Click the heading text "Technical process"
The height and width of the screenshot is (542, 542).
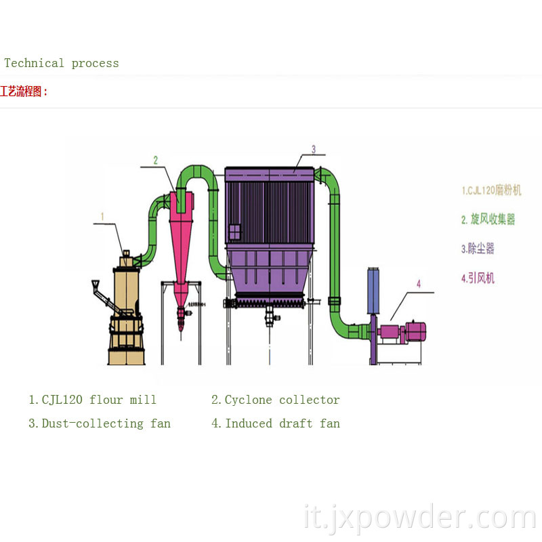point(62,63)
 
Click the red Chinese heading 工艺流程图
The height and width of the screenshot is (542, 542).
point(24,91)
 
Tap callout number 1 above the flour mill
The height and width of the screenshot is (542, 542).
point(102,217)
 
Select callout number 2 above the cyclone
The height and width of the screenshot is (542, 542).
point(155,161)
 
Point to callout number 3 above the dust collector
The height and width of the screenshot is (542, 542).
point(314,148)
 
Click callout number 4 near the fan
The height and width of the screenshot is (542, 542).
point(418,284)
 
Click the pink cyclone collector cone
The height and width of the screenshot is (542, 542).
point(182,237)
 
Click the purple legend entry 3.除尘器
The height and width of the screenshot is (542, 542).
point(478,248)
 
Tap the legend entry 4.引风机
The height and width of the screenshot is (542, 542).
point(478,277)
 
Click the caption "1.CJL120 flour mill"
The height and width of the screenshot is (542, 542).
point(92,400)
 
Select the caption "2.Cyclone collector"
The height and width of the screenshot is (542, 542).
point(275,400)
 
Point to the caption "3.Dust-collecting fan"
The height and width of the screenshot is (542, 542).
point(99,423)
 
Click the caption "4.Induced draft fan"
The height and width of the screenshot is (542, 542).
point(275,423)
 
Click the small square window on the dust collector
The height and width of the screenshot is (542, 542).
point(234,232)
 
